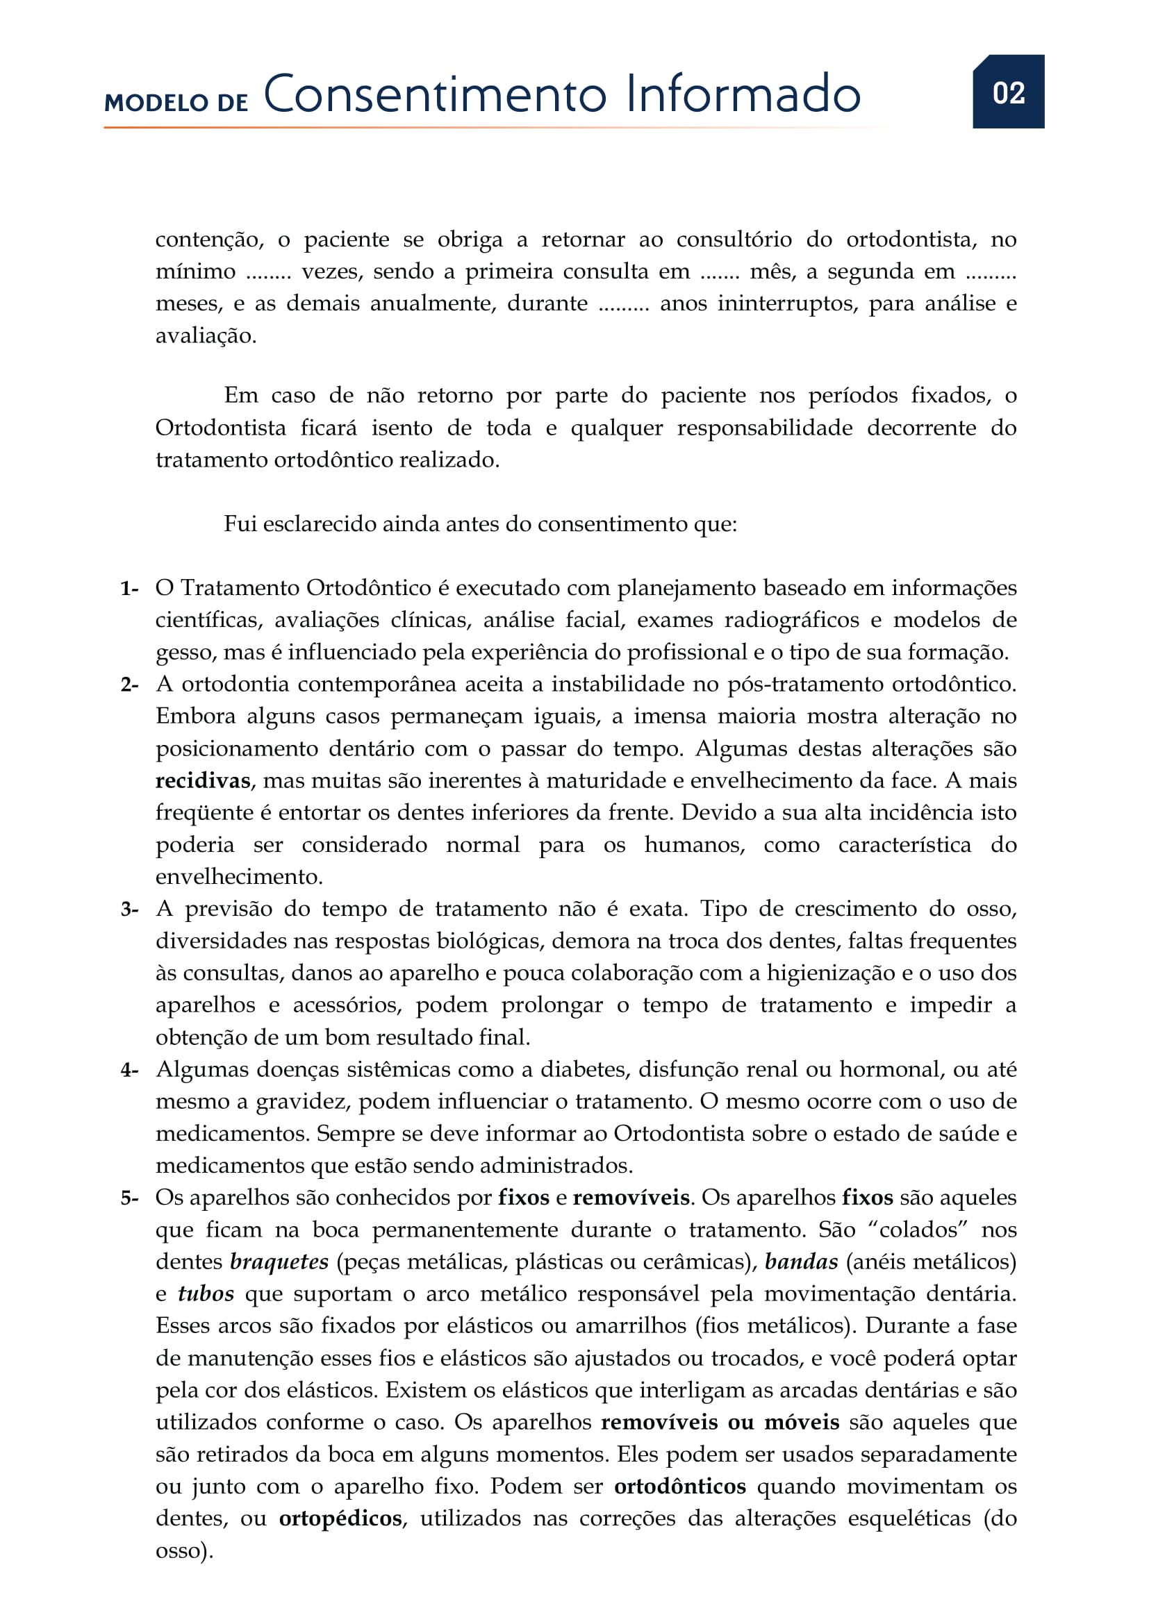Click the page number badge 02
pyautogui.click(x=1007, y=92)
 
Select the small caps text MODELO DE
pyautogui.click(x=176, y=103)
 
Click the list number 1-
pyautogui.click(x=129, y=589)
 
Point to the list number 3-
pyautogui.click(x=129, y=910)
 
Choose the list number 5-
pyautogui.click(x=129, y=1198)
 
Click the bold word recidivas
pyautogui.click(x=203, y=781)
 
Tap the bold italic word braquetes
pyautogui.click(x=279, y=1262)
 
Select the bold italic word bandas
pyautogui.click(x=801, y=1262)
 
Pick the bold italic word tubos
pyautogui.click(x=205, y=1294)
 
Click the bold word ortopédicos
pyautogui.click(x=340, y=1518)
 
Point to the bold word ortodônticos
pyautogui.click(x=679, y=1486)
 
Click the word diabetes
pyautogui.click(x=584, y=1069)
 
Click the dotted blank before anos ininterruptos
pyautogui.click(x=623, y=305)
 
